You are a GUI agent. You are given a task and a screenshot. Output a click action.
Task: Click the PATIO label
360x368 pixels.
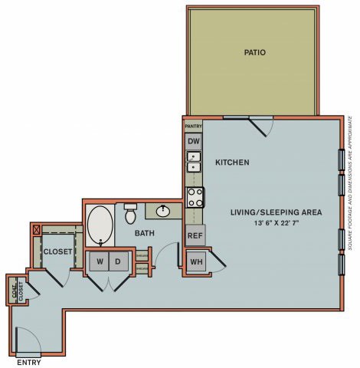pyautogui.click(x=254, y=53)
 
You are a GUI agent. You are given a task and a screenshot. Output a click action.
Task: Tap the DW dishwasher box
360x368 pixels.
pyautogui.click(x=193, y=141)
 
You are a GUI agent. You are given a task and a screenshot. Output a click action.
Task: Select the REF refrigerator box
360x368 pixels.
pyautogui.click(x=195, y=235)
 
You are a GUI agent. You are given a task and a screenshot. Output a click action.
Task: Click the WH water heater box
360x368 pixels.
pyautogui.click(x=196, y=261)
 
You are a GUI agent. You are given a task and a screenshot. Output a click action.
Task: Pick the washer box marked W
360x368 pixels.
pyautogui.click(x=100, y=261)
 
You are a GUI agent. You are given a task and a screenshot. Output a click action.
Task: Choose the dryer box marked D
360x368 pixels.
pyautogui.click(x=118, y=261)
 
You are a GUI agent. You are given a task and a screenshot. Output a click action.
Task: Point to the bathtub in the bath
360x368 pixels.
pyautogui.click(x=100, y=224)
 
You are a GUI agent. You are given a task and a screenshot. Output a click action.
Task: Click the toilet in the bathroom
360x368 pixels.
pyautogui.click(x=130, y=211)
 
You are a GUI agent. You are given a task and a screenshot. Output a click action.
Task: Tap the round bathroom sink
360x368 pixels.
pyautogui.click(x=163, y=210)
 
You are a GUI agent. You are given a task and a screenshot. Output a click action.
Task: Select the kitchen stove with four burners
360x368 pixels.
pyautogui.click(x=195, y=197)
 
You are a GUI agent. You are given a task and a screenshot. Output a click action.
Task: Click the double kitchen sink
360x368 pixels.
pyautogui.click(x=194, y=162)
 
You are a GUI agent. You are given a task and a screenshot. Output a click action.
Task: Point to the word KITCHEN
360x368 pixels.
pyautogui.click(x=231, y=163)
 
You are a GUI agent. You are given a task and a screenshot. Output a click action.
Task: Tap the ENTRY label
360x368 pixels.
pyautogui.click(x=28, y=362)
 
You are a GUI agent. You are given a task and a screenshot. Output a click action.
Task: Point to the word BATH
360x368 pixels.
pyautogui.click(x=146, y=232)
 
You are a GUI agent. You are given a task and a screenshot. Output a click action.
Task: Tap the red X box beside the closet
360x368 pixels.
pyautogui.click(x=34, y=228)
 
